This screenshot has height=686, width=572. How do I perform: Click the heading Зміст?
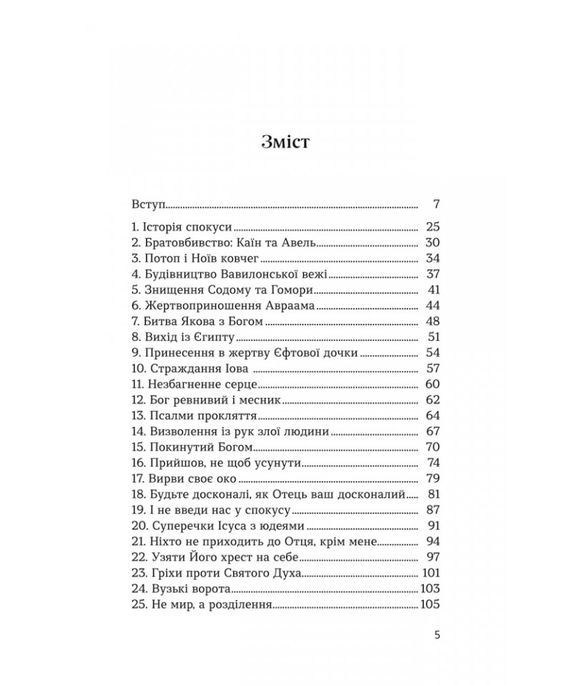(286, 143)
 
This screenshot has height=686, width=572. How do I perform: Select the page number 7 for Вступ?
(435, 205)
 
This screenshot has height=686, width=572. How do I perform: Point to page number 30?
(431, 242)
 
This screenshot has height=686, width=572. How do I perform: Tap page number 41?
(431, 289)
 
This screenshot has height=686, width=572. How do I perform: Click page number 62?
(431, 400)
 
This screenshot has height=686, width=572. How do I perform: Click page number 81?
(431, 494)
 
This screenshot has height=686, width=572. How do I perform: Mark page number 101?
(430, 572)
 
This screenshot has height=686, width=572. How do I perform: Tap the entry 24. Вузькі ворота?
(182, 589)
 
